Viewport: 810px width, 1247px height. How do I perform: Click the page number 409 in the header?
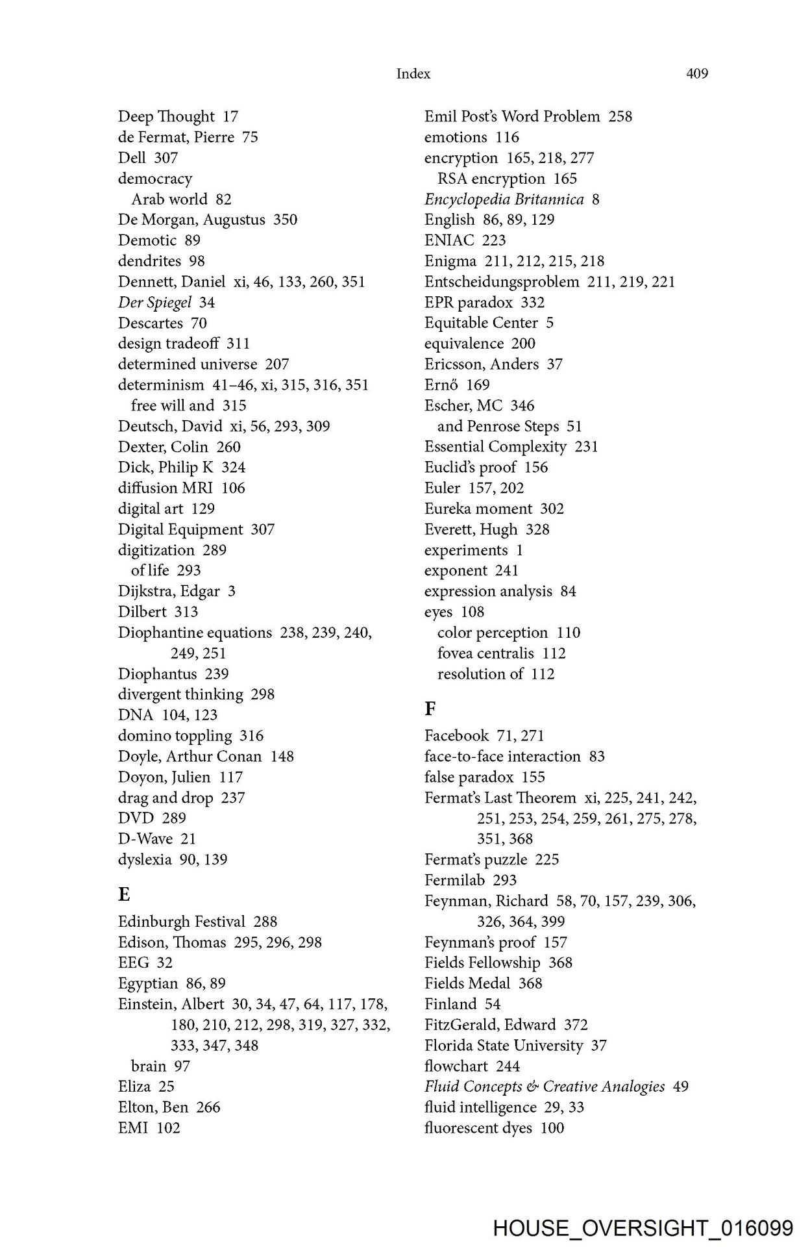pyautogui.click(x=696, y=74)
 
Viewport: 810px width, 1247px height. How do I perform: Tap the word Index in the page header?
pyautogui.click(x=413, y=74)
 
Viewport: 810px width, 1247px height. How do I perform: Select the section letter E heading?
pyautogui.click(x=124, y=894)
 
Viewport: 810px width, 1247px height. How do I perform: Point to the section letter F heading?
pyautogui.click(x=430, y=708)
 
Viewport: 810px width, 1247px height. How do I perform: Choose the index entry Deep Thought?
pyautogui.click(x=166, y=117)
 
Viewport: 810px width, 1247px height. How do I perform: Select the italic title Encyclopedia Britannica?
pyautogui.click(x=504, y=199)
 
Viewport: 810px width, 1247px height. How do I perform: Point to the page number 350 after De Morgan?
pyautogui.click(x=285, y=220)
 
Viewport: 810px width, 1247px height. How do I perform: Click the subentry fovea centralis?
pyautogui.click(x=485, y=653)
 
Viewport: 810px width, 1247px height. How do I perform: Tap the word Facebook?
pyautogui.click(x=456, y=736)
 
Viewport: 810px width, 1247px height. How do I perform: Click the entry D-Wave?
pyautogui.click(x=145, y=839)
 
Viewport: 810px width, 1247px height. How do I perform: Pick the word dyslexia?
pyautogui.click(x=145, y=860)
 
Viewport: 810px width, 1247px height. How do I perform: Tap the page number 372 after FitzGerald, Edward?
pyautogui.click(x=576, y=1025)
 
